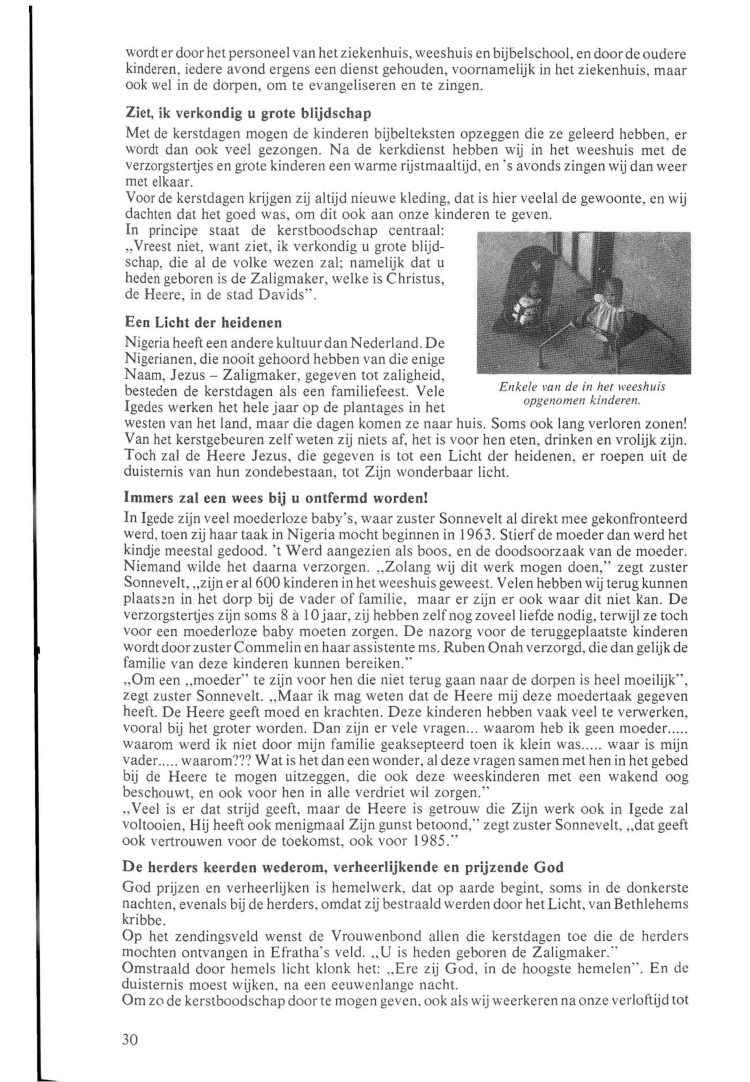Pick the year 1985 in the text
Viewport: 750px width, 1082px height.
point(428,841)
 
